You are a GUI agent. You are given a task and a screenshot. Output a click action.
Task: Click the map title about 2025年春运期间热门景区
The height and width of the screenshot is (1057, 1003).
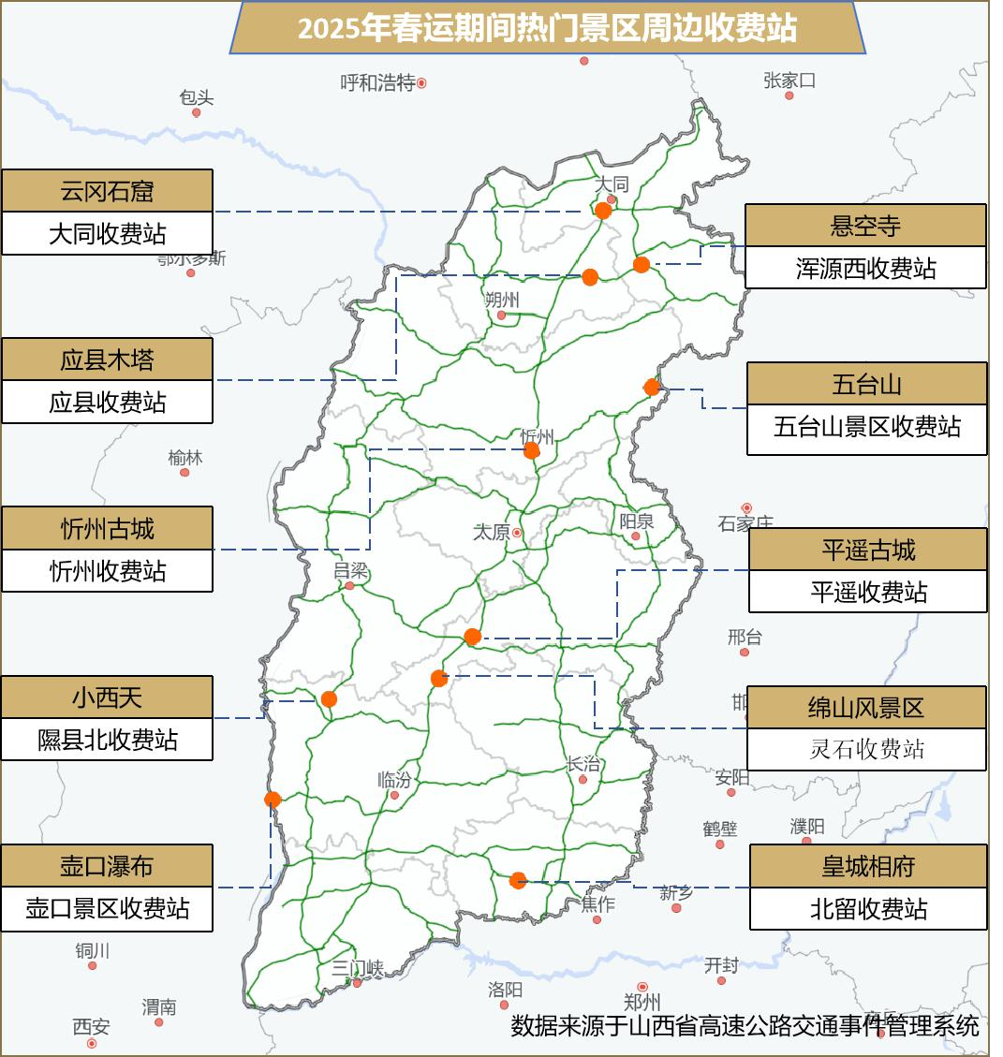click(x=547, y=28)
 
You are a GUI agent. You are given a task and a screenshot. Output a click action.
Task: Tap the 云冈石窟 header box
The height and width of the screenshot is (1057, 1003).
click(x=107, y=191)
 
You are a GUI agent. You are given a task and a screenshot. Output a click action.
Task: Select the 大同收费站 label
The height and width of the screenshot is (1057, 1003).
click(x=107, y=233)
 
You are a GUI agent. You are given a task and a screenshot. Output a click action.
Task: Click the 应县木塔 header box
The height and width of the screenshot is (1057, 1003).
click(x=107, y=360)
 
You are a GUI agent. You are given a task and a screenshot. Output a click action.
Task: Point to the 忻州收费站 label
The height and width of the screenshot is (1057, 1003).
click(x=107, y=570)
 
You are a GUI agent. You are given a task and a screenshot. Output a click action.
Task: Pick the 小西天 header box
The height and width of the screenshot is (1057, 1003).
click(x=107, y=697)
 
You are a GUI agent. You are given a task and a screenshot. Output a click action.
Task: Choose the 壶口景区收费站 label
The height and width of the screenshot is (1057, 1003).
click(x=107, y=908)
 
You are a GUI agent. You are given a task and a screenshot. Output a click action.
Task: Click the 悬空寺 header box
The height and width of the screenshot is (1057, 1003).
click(x=865, y=226)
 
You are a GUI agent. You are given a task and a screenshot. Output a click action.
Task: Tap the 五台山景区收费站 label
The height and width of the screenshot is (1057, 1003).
click(x=867, y=428)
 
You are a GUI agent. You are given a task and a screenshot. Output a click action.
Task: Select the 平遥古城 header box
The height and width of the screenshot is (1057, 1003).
click(x=868, y=550)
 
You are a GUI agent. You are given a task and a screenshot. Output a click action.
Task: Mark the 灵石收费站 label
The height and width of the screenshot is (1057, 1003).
click(x=866, y=749)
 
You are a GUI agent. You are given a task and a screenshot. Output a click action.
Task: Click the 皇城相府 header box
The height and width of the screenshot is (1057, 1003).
click(x=868, y=866)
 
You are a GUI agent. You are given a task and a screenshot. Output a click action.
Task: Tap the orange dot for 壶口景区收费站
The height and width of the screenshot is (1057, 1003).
click(x=273, y=800)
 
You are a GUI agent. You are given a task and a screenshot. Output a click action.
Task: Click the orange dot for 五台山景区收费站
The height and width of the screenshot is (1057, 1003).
click(x=652, y=387)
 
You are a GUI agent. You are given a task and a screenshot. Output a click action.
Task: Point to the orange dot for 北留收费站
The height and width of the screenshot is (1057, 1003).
click(x=518, y=880)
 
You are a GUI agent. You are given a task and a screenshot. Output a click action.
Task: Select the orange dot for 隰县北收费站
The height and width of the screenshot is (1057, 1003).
click(x=329, y=698)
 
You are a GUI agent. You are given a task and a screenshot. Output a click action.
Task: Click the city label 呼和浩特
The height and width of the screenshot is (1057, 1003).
click(x=377, y=83)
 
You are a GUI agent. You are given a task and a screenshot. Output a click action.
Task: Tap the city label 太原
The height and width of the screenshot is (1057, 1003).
click(x=492, y=532)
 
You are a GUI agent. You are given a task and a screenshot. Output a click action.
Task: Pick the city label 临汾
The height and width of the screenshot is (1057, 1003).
click(x=394, y=780)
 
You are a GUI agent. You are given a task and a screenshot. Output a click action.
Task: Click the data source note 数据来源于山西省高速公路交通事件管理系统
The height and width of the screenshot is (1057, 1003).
click(x=745, y=1025)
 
